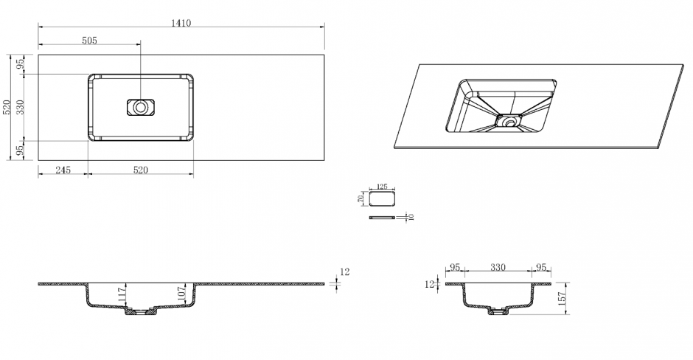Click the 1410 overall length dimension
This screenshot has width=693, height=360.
pos(181,23)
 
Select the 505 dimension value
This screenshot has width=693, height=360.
pos(89,41)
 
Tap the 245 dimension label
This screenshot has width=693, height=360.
pos(63,170)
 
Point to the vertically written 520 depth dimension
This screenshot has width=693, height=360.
pos(7,108)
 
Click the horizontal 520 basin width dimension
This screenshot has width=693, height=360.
pos(141,170)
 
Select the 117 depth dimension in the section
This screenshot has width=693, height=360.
pos(122,294)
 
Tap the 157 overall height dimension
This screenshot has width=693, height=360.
pos(563,299)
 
